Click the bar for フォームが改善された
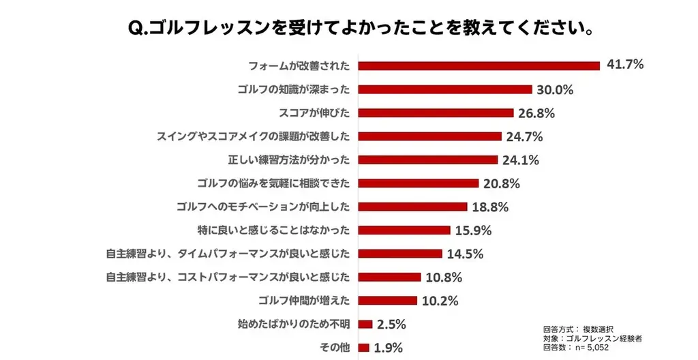click(479, 65)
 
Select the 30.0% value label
click(555, 89)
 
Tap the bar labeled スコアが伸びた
click(436, 112)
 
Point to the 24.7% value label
click(524, 136)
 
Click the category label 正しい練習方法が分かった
click(288, 160)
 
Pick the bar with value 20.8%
click(419, 183)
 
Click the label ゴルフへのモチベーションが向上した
click(262, 207)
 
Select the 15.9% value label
click(473, 230)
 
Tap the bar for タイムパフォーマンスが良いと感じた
click(400, 254)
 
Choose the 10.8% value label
click(444, 277)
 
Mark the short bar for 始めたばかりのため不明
click(365, 324)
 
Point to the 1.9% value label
click(388, 348)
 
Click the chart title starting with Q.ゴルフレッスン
click(348, 29)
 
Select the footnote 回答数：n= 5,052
click(575, 348)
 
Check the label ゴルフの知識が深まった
click(294, 89)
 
